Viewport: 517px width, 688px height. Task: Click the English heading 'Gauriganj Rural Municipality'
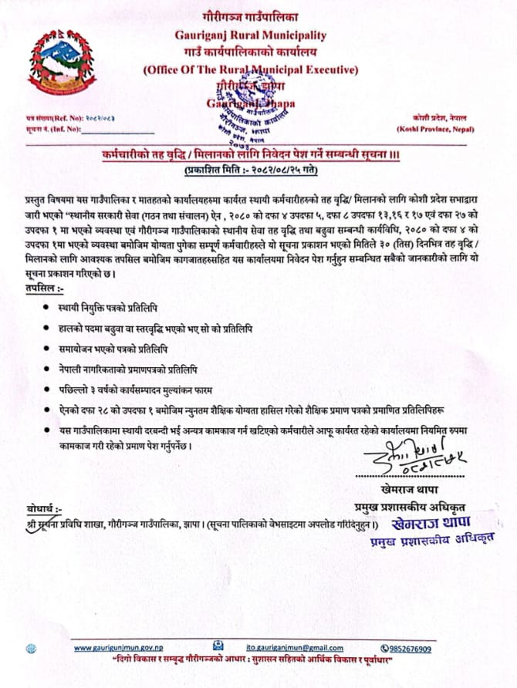pyautogui.click(x=251, y=35)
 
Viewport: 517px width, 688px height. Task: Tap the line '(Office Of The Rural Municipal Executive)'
pyautogui.click(x=251, y=69)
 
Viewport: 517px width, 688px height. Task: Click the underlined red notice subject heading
pyautogui.click(x=251, y=155)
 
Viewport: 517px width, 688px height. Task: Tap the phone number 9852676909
pyautogui.click(x=411, y=649)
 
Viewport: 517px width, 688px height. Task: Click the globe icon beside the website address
pyautogui.click(x=30, y=649)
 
